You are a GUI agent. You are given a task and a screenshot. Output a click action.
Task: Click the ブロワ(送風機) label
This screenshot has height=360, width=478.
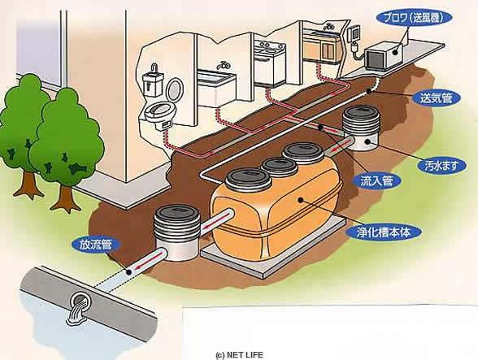[412, 19]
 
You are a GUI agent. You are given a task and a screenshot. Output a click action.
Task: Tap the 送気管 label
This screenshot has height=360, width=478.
[436, 98]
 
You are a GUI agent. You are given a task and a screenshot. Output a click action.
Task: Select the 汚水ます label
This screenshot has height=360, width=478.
[441, 166]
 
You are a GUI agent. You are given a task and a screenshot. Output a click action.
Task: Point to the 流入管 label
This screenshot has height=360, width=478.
[376, 181]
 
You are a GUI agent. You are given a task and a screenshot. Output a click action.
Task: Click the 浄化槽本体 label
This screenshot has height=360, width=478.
[384, 232]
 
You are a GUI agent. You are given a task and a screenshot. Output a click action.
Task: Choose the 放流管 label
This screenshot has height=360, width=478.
[96, 245]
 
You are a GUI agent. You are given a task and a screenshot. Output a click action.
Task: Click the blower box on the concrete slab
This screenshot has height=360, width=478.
[384, 56]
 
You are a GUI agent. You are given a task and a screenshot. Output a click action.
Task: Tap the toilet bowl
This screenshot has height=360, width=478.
[159, 111]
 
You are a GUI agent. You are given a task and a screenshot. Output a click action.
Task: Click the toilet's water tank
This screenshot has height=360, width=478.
[153, 82]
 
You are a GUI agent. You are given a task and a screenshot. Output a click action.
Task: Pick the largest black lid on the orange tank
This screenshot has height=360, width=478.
[248, 180]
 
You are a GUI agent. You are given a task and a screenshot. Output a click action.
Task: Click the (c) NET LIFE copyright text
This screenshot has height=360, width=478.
[239, 355]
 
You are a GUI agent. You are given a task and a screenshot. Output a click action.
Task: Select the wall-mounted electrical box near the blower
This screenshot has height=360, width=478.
[354, 33]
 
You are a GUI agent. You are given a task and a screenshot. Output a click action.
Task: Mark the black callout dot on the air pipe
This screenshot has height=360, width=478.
[369, 90]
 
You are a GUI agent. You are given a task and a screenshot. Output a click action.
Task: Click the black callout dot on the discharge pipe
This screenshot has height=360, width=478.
[129, 272]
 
